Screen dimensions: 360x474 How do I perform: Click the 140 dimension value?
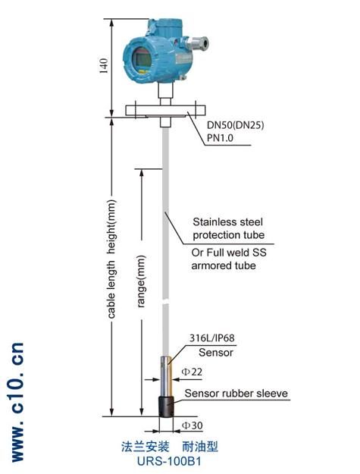(x=103, y=66)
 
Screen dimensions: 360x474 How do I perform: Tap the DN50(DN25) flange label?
(x=235, y=124)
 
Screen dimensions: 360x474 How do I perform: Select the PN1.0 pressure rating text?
(x=220, y=138)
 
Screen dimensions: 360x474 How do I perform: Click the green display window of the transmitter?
(x=142, y=61)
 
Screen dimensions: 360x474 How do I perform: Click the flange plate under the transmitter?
(x=165, y=110)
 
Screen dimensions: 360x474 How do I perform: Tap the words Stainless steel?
(x=227, y=222)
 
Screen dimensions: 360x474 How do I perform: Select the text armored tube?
(x=224, y=265)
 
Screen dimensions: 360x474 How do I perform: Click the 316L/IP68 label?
(x=211, y=337)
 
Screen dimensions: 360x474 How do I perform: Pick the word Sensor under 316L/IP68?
(x=216, y=352)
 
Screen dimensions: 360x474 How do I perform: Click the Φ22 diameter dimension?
(x=192, y=372)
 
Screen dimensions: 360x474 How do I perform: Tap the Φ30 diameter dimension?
(x=192, y=425)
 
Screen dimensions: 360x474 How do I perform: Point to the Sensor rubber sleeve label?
(x=236, y=394)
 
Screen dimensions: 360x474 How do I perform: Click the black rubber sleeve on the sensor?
(x=166, y=407)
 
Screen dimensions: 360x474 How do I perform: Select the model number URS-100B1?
(x=169, y=461)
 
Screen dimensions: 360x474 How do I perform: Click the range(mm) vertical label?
(x=141, y=281)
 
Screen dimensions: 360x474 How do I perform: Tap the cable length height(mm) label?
(x=111, y=259)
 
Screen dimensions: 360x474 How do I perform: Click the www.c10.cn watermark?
(x=17, y=402)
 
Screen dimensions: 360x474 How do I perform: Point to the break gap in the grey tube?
(x=165, y=302)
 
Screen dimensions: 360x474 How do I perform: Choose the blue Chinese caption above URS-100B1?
(x=170, y=447)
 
